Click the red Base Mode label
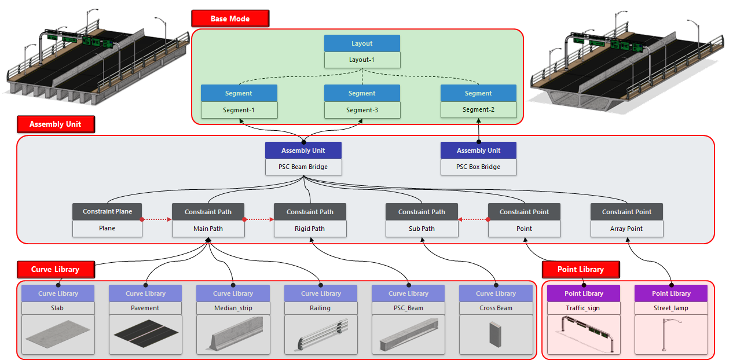point(230,19)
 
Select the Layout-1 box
point(362,60)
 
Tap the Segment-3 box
point(362,110)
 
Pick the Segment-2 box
point(478,109)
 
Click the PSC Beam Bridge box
point(303,167)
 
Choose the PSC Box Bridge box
point(478,167)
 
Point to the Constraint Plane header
point(107,212)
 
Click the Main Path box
point(208,229)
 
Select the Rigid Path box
point(310,229)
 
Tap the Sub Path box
point(422,229)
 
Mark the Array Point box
point(626,229)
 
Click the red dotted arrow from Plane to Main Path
point(157,219)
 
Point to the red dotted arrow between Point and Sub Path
point(474,219)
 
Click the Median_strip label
point(233,308)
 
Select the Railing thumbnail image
point(321,335)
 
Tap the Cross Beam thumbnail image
point(496,335)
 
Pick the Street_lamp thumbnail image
point(671,335)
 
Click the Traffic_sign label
point(584,308)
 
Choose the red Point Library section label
point(581,270)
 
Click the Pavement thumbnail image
point(146,335)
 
